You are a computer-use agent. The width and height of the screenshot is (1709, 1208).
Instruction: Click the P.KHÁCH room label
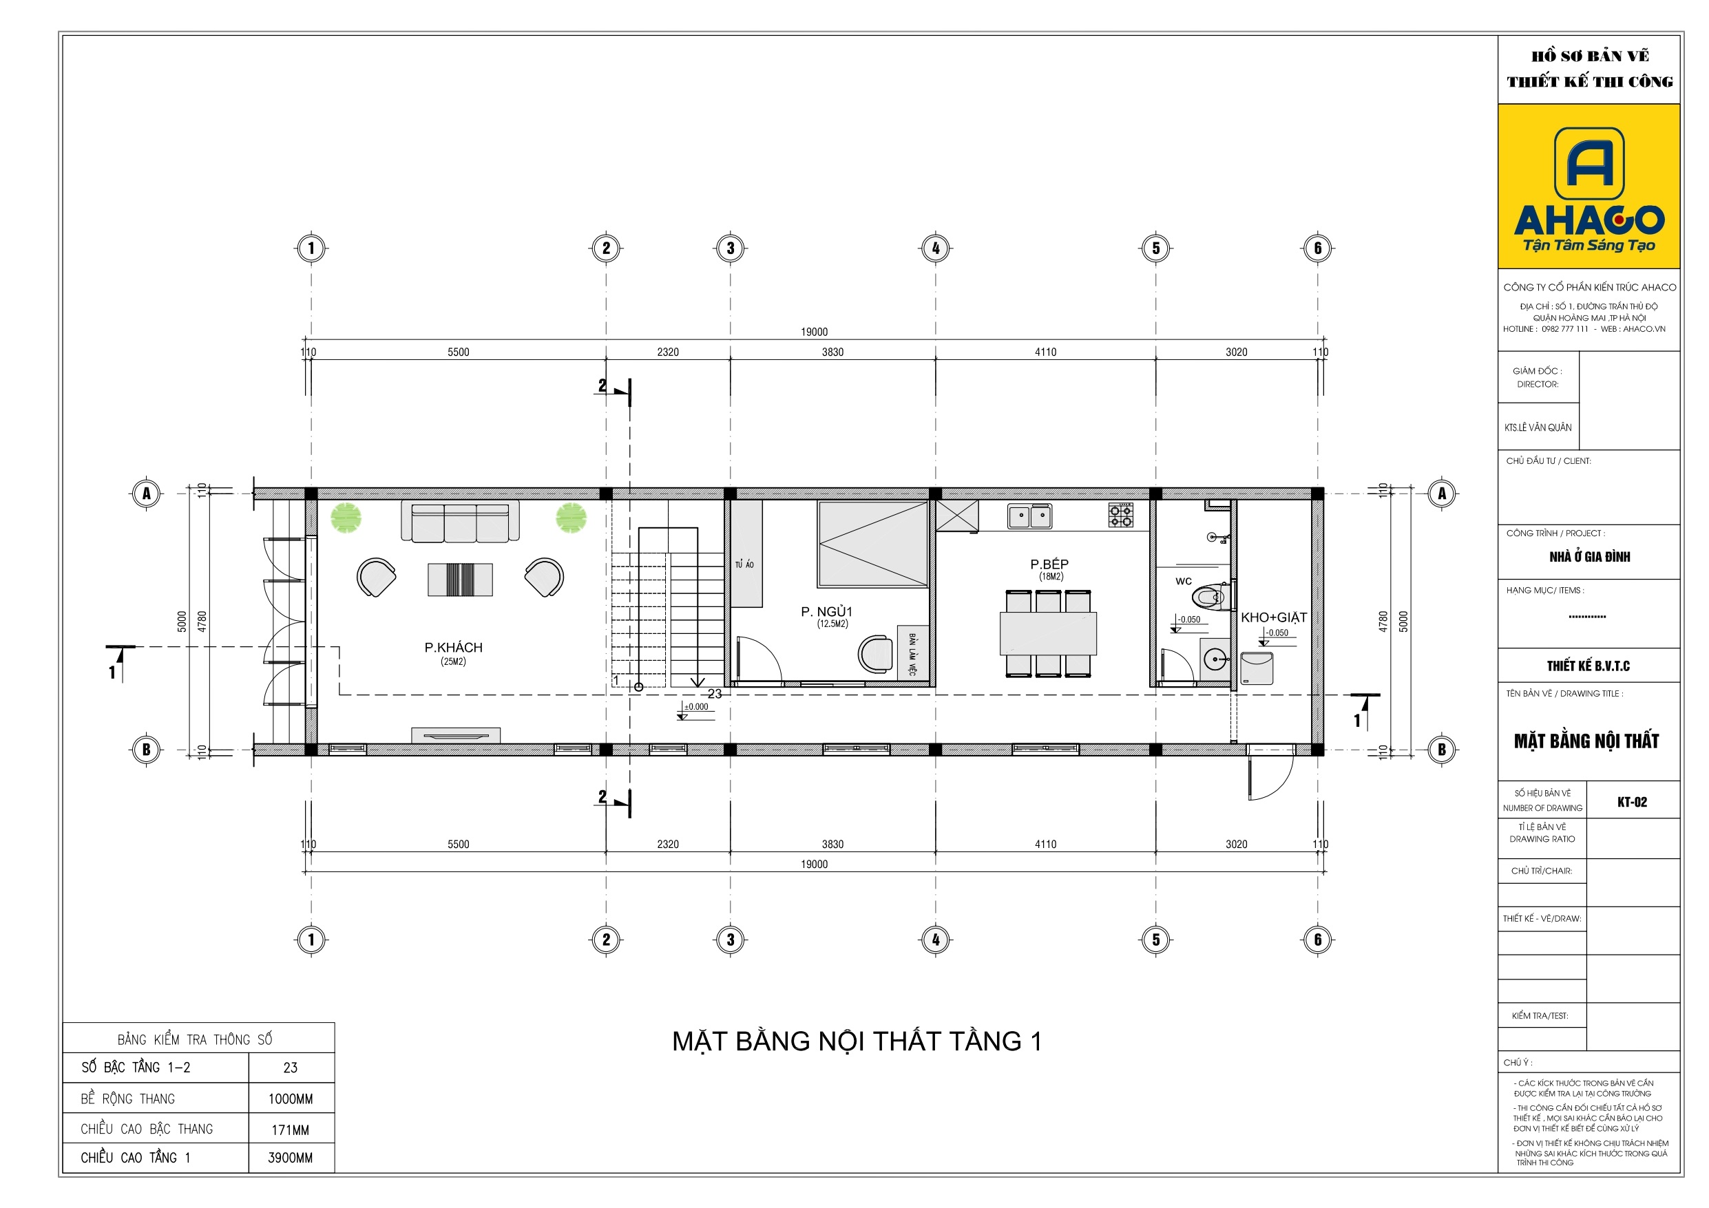click(453, 648)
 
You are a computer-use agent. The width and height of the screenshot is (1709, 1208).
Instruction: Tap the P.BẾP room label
click(1049, 564)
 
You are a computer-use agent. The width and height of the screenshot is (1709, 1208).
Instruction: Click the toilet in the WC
click(1210, 596)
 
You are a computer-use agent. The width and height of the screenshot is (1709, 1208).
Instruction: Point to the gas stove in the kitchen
click(1121, 515)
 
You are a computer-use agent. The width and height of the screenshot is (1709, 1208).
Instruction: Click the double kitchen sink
click(1030, 515)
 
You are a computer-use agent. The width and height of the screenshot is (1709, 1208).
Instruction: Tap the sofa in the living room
click(460, 521)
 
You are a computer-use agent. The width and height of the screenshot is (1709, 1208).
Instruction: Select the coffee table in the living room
click(460, 580)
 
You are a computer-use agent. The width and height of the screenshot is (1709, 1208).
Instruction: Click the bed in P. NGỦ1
click(873, 544)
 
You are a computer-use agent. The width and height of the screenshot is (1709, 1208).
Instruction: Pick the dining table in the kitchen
click(1048, 633)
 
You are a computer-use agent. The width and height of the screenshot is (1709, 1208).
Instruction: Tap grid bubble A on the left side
click(147, 494)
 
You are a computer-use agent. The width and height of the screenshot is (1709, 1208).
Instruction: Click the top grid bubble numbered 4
click(936, 248)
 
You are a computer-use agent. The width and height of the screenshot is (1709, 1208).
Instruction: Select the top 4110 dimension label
click(1046, 352)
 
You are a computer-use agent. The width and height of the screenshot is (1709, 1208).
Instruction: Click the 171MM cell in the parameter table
click(291, 1130)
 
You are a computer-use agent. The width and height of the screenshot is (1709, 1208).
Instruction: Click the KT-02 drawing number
click(1633, 802)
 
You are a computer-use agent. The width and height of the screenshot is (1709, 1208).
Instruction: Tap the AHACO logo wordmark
click(1589, 220)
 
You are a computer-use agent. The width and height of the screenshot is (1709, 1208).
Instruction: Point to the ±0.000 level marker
click(697, 707)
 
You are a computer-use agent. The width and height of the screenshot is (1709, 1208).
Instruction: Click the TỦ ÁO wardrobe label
click(744, 565)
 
